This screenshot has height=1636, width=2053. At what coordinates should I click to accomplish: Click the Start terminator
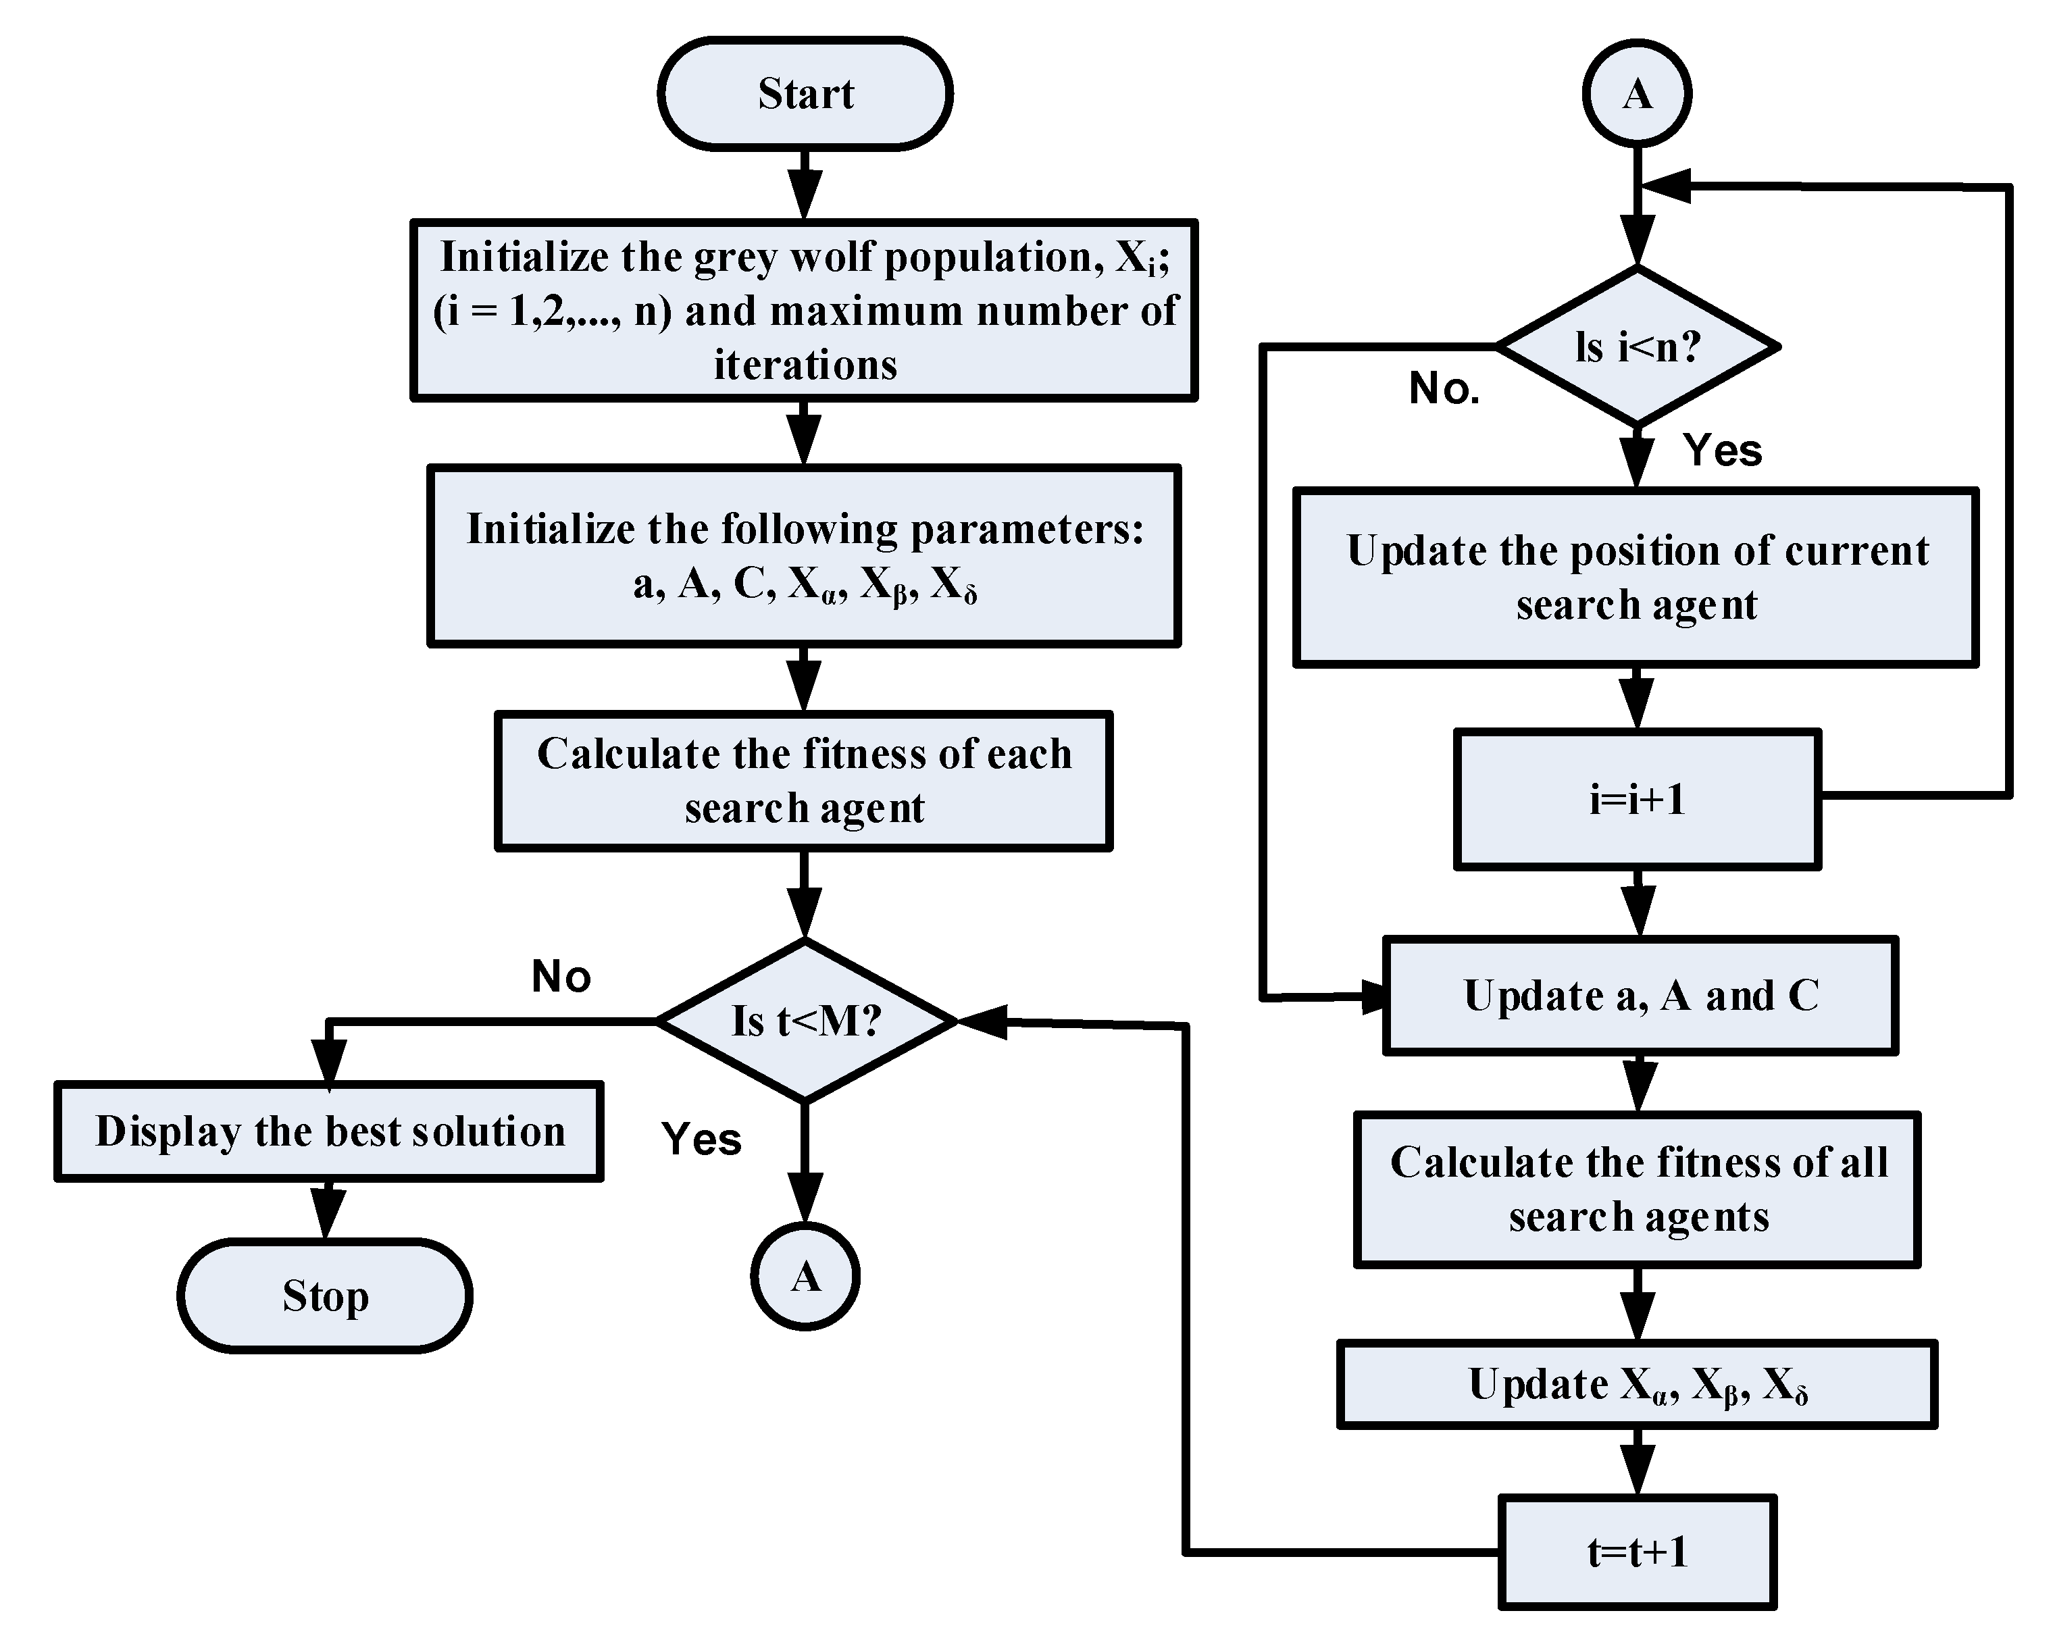coord(805,93)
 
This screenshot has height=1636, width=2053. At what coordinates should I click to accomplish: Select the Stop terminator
coord(325,1295)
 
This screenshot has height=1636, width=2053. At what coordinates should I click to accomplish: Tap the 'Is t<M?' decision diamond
coord(805,1021)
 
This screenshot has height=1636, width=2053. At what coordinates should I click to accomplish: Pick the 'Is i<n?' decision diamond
coord(1637,347)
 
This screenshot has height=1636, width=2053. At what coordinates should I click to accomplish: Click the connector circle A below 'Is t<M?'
coord(805,1276)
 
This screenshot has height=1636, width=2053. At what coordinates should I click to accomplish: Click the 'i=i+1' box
coord(1637,799)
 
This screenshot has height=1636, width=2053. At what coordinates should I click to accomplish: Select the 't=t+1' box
coord(1637,1552)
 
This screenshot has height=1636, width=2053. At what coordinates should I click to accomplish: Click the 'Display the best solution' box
coord(330,1131)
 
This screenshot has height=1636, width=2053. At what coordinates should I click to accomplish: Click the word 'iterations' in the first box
coord(805,365)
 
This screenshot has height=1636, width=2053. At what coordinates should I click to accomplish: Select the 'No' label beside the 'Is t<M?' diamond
coord(561,976)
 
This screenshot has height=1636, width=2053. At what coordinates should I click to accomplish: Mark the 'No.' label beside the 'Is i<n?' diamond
coord(1444,388)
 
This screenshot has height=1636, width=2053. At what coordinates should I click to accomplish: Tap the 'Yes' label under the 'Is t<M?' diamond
coord(701,1139)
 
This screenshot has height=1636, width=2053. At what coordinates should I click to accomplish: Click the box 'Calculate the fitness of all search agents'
coord(1637,1190)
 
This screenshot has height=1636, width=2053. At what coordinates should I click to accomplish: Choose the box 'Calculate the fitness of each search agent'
coord(805,780)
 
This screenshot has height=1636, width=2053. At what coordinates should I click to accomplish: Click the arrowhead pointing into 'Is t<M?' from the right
coord(981,1022)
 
